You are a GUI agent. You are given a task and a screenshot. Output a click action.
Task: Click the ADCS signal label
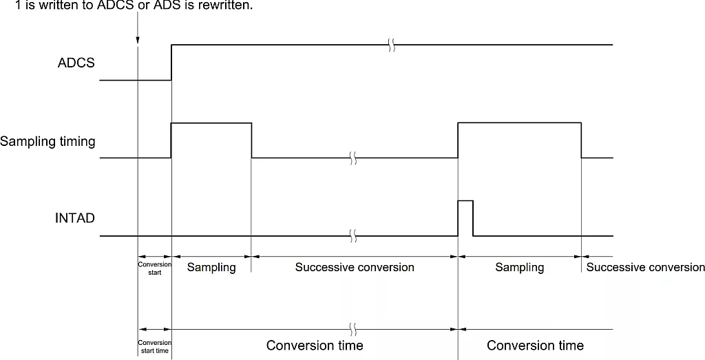point(76,63)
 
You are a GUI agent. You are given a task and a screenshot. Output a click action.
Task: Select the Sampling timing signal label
point(48,142)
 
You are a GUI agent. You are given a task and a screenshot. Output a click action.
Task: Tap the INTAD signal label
point(75,218)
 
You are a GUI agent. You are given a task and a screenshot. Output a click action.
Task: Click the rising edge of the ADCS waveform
point(171,62)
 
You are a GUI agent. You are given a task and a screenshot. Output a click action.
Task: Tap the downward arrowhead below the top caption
point(138,41)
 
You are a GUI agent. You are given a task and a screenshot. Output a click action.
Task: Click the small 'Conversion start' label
point(154,268)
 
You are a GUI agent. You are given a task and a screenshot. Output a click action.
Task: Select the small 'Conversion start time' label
point(154,346)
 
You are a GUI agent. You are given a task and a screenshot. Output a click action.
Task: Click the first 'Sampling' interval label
point(211,267)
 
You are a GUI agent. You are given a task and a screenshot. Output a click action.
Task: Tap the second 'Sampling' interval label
point(519,267)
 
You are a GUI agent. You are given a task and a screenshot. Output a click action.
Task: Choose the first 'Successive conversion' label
point(355,267)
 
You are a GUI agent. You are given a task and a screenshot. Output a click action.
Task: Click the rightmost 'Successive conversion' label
point(645,267)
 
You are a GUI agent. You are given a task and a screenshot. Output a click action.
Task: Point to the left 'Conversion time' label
point(315,345)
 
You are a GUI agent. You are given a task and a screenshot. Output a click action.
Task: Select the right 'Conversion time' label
point(535,345)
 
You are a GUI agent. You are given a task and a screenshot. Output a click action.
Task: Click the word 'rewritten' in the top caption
point(220,6)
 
